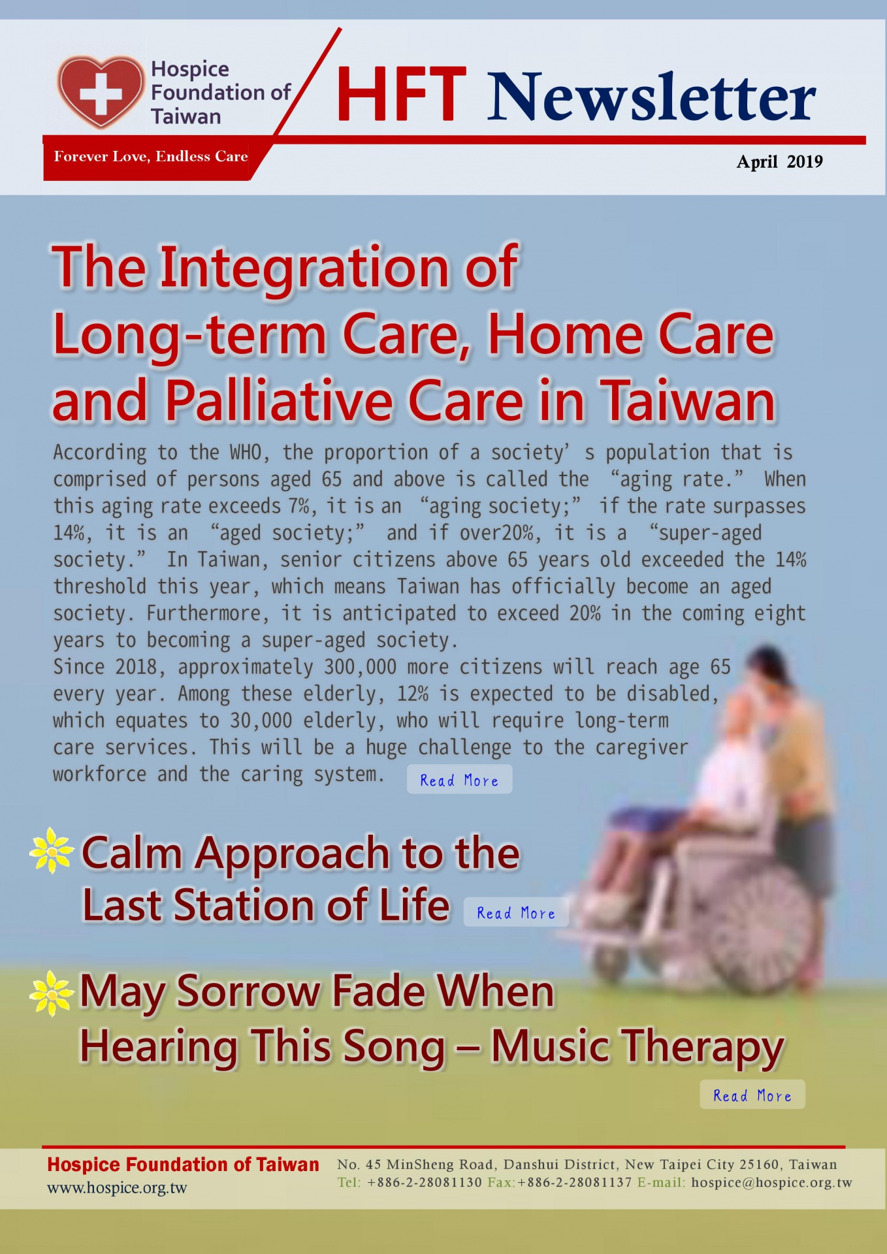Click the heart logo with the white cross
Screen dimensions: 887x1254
pos(100,91)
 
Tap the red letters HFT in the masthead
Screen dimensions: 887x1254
pos(401,95)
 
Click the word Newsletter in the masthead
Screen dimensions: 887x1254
pos(651,97)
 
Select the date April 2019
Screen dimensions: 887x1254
pos(779,161)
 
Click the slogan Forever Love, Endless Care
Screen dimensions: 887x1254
pos(151,156)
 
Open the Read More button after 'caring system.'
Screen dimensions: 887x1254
pos(459,780)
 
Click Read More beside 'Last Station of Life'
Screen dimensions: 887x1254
pos(516,912)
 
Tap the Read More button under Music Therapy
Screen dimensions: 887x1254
pos(752,1095)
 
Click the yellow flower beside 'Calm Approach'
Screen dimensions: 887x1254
pos(51,850)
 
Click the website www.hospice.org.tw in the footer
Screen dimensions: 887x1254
pos(117,1188)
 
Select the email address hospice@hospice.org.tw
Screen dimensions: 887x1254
pos(771,1182)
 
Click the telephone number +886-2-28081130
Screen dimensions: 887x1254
pos(424,1182)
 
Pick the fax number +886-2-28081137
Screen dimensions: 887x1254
pos(575,1182)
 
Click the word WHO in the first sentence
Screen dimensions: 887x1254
pos(246,452)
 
